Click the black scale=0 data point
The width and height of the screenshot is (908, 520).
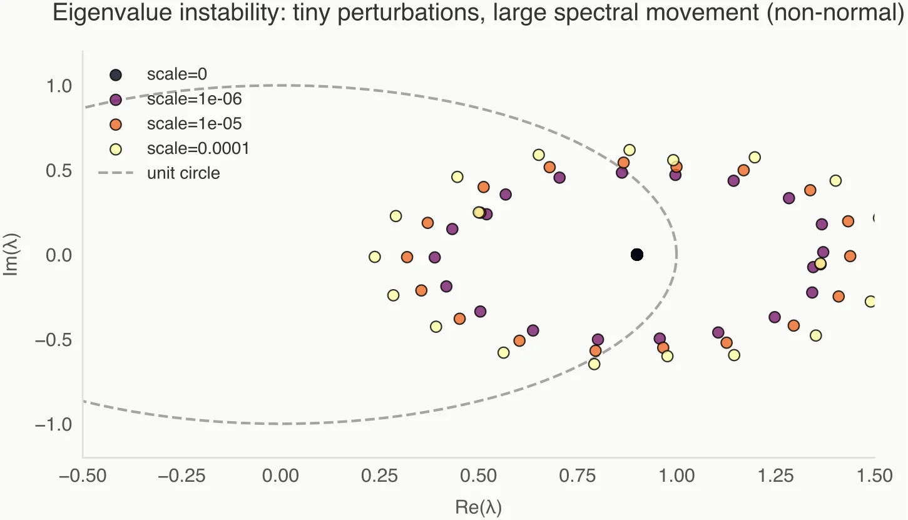click(637, 255)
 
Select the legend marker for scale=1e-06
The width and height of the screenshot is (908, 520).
click(115, 99)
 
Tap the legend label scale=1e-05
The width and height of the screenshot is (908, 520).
click(194, 124)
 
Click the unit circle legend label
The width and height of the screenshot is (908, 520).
click(183, 173)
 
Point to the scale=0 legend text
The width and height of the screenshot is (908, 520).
click(177, 75)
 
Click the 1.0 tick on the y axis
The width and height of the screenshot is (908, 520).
click(59, 85)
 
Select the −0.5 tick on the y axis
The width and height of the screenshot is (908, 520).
click(54, 340)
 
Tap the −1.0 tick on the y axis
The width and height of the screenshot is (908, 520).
click(54, 425)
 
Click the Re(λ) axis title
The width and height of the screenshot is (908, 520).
click(478, 506)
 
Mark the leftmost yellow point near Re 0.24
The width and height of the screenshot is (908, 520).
click(374, 257)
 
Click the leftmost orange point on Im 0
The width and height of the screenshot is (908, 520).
click(407, 257)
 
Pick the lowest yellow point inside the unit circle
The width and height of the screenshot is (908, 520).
click(594, 364)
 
